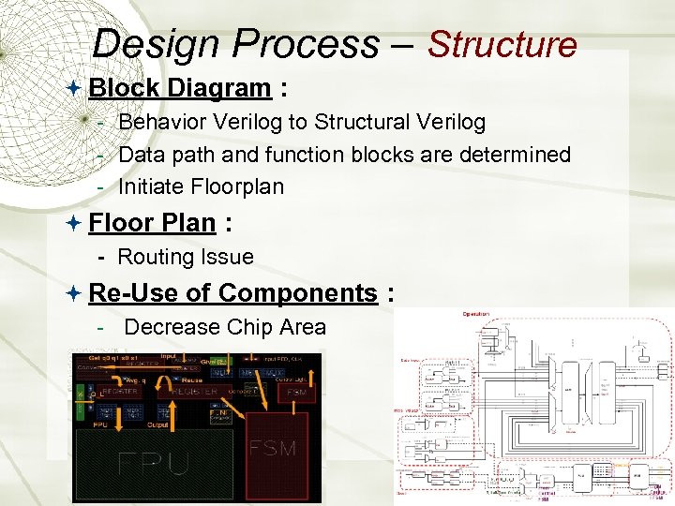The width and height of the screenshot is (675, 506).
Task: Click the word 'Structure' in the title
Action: pos(502,44)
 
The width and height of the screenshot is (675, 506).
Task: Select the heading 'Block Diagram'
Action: pos(179,88)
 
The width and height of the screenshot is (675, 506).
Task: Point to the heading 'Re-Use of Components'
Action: pos(232,293)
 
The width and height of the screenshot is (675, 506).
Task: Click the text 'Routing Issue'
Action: pos(186,257)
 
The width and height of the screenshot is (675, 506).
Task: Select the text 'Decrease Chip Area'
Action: pos(225,327)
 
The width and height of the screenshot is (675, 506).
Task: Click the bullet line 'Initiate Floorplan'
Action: pos(201,186)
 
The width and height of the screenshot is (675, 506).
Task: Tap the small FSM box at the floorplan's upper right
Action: pos(296,391)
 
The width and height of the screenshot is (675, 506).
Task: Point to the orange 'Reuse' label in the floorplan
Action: pos(191,381)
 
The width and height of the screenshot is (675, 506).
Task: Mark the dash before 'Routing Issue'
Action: pos(100,258)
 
